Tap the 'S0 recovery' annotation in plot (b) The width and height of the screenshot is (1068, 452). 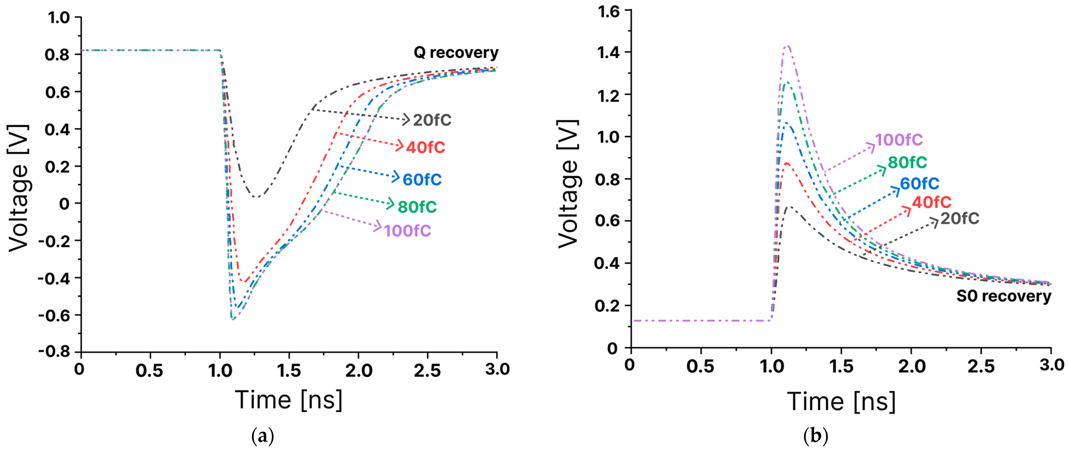click(x=1003, y=296)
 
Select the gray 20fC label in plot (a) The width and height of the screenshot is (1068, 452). click(x=432, y=120)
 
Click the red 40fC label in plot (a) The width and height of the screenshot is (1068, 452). click(x=425, y=147)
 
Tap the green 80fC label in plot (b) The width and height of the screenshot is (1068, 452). click(x=907, y=162)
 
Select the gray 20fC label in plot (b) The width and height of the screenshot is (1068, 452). click(x=960, y=218)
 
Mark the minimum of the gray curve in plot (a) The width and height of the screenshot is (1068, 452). click(x=257, y=196)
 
